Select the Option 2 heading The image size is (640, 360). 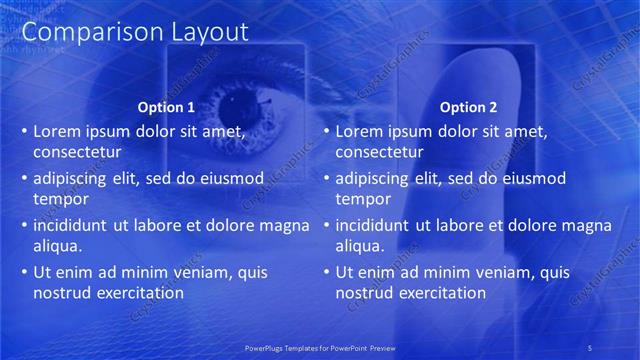click(467, 107)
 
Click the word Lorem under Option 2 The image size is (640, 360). click(361, 131)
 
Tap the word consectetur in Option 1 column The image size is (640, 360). click(77, 152)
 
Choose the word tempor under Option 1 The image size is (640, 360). click(61, 199)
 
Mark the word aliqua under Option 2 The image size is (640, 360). click(361, 246)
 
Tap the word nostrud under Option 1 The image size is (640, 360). click(61, 293)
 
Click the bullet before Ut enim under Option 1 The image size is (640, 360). click(23, 272)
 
